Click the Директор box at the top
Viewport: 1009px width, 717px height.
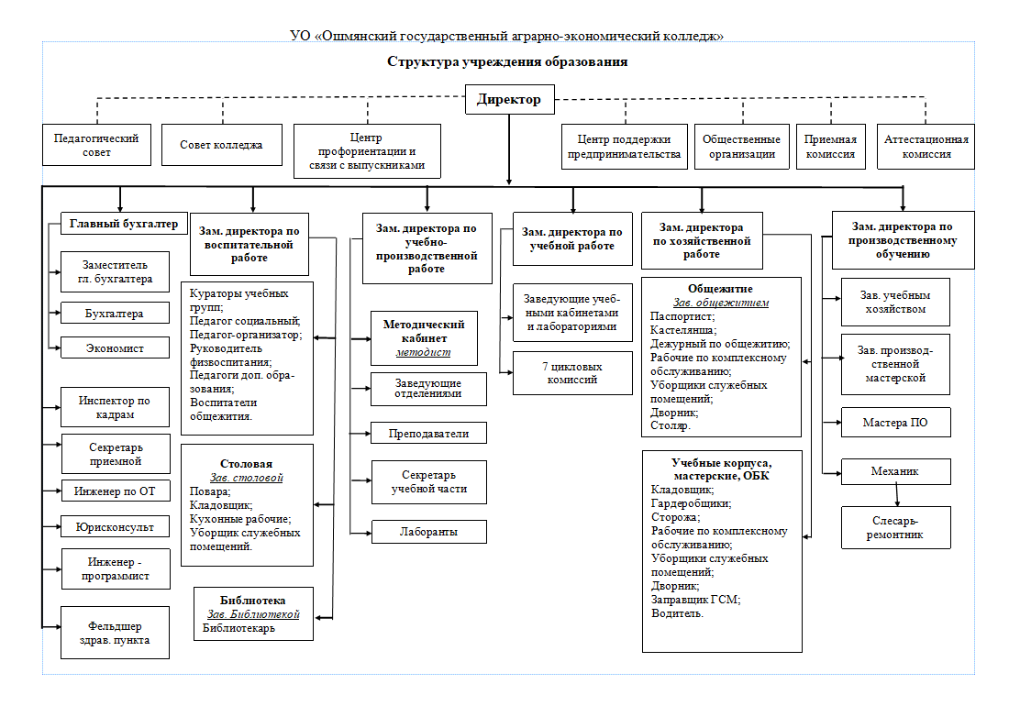point(510,100)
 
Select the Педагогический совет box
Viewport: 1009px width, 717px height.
point(96,146)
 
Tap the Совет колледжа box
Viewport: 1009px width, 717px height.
point(221,146)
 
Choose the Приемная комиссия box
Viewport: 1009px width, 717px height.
point(831,147)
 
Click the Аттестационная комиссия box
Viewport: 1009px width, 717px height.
point(926,147)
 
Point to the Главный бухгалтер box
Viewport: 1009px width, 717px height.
point(124,224)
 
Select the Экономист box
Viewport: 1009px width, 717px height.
point(116,347)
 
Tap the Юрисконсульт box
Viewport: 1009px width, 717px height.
point(116,526)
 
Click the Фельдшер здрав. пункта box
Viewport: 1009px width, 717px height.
point(116,633)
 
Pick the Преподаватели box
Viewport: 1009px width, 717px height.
point(428,434)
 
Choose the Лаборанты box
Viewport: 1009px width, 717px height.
point(428,532)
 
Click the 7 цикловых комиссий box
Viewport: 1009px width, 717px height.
point(572,373)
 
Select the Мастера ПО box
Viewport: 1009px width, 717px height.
point(896,423)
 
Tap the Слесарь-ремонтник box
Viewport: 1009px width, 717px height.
point(896,528)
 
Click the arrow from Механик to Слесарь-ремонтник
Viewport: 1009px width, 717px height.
point(897,496)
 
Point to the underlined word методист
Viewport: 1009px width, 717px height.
point(424,352)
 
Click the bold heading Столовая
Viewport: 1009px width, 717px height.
point(247,464)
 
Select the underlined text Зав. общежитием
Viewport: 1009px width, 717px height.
point(721,303)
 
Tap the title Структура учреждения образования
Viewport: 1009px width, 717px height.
point(508,61)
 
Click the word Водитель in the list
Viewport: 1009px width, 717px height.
point(677,613)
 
